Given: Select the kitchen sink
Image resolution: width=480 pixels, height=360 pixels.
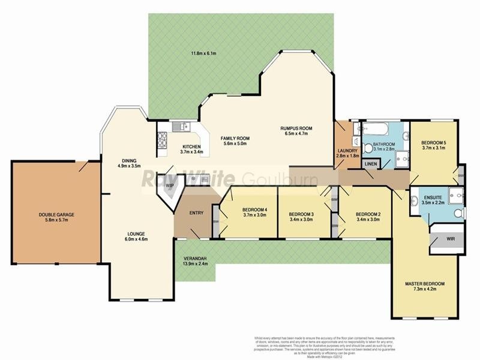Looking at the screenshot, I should [x=180, y=127].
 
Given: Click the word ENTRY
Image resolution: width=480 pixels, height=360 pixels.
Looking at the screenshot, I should [x=196, y=213].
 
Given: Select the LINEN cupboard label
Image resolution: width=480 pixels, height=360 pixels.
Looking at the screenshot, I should [x=371, y=164].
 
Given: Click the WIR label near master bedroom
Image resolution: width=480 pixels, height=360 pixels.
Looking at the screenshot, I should [x=451, y=238].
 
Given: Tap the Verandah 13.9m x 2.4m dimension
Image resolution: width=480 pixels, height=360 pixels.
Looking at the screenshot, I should [x=196, y=264].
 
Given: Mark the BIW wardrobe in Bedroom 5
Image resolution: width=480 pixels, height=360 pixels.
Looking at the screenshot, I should [x=461, y=175].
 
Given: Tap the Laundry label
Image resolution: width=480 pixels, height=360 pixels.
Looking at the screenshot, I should [x=348, y=151].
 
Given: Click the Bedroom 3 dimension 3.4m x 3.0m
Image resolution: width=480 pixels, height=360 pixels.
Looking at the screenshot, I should [x=301, y=220].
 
